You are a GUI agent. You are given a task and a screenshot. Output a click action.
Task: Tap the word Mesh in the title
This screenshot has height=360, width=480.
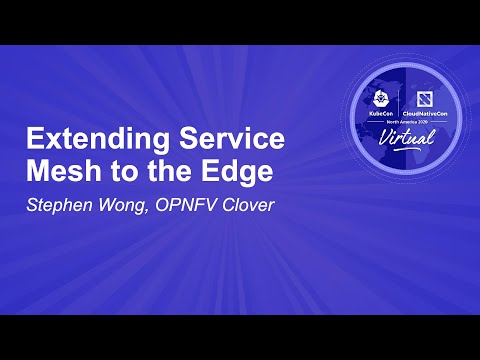[57, 171]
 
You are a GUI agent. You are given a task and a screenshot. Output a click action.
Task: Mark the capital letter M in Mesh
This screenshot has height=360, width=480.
[36, 171]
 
